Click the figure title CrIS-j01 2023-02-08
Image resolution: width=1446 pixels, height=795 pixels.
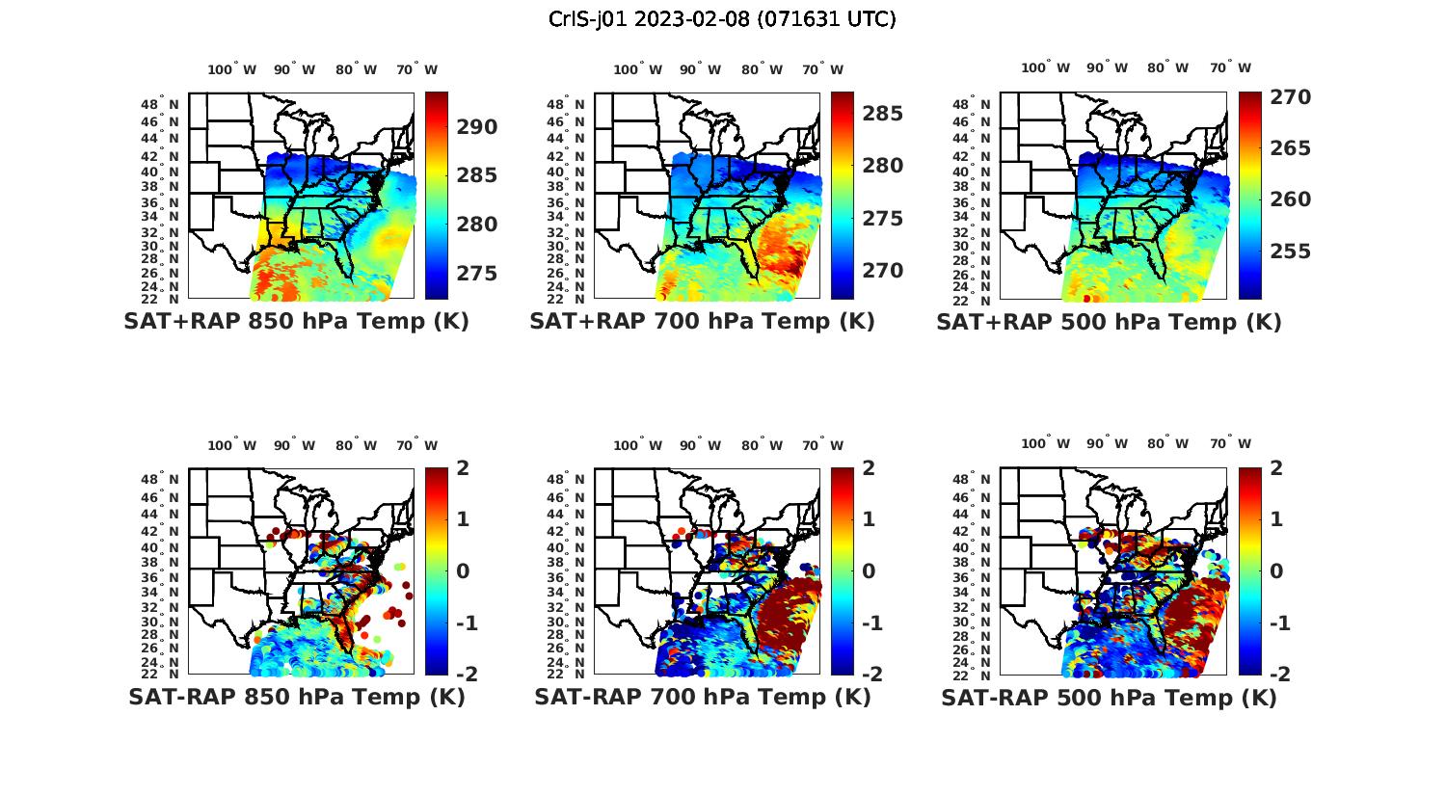coord(722,19)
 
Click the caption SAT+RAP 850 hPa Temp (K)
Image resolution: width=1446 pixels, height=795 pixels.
coord(296,321)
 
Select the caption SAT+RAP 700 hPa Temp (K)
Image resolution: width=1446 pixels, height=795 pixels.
coord(702,321)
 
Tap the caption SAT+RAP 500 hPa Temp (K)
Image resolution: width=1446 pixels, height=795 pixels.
coord(1109,322)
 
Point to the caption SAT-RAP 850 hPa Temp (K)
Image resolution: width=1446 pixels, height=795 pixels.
coord(296,697)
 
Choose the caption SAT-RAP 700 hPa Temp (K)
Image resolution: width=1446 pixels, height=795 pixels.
coord(702,697)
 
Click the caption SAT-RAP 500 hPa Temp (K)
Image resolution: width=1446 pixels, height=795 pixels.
coord(1109,698)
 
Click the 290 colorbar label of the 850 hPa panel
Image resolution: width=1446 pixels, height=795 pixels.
coord(477,127)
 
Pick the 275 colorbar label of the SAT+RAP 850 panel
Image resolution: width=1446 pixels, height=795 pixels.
coord(477,274)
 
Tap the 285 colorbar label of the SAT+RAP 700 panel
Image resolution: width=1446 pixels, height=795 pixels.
coord(883,114)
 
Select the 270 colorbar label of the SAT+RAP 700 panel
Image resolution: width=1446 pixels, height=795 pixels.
coord(883,271)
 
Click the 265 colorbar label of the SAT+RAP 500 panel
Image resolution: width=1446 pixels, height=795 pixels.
coord(1291,148)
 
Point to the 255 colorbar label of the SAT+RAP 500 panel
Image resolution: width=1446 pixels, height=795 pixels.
coord(1291,252)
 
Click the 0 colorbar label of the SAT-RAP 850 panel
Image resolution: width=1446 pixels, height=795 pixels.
coord(463,570)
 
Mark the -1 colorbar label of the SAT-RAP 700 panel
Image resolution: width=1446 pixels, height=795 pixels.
coord(864,623)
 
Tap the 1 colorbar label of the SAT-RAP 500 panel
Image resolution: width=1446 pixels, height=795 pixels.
coord(1276,518)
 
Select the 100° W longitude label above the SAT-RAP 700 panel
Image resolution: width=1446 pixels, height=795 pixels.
coord(637,445)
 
